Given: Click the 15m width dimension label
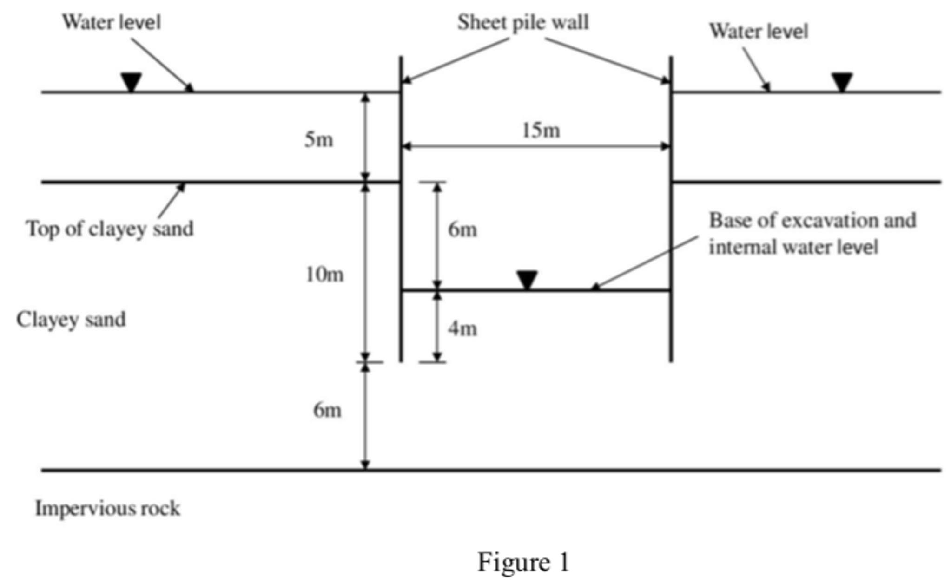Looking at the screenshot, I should pyautogui.click(x=541, y=131).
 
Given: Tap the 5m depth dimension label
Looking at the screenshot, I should pyautogui.click(x=319, y=139).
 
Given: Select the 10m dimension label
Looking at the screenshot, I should pyautogui.click(x=324, y=275).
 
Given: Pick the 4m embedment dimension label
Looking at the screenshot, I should pyautogui.click(x=462, y=329).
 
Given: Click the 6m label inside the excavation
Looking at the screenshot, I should pyautogui.click(x=462, y=230).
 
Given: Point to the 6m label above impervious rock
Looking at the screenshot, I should pyautogui.click(x=327, y=410).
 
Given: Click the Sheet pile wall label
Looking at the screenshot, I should pyautogui.click(x=523, y=22).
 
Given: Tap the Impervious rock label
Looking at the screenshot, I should pyautogui.click(x=107, y=508).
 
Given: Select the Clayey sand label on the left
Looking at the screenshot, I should pyautogui.click(x=71, y=320).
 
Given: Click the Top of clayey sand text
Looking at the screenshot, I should pyautogui.click(x=110, y=229).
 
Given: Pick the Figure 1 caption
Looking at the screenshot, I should pyautogui.click(x=523, y=562).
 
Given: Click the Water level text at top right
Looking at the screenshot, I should pyautogui.click(x=759, y=32).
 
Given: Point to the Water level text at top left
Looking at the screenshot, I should pyautogui.click(x=112, y=22).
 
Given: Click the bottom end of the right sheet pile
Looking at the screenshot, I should pyautogui.click(x=671, y=360).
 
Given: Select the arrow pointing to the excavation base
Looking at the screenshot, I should pyautogui.click(x=644, y=263).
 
